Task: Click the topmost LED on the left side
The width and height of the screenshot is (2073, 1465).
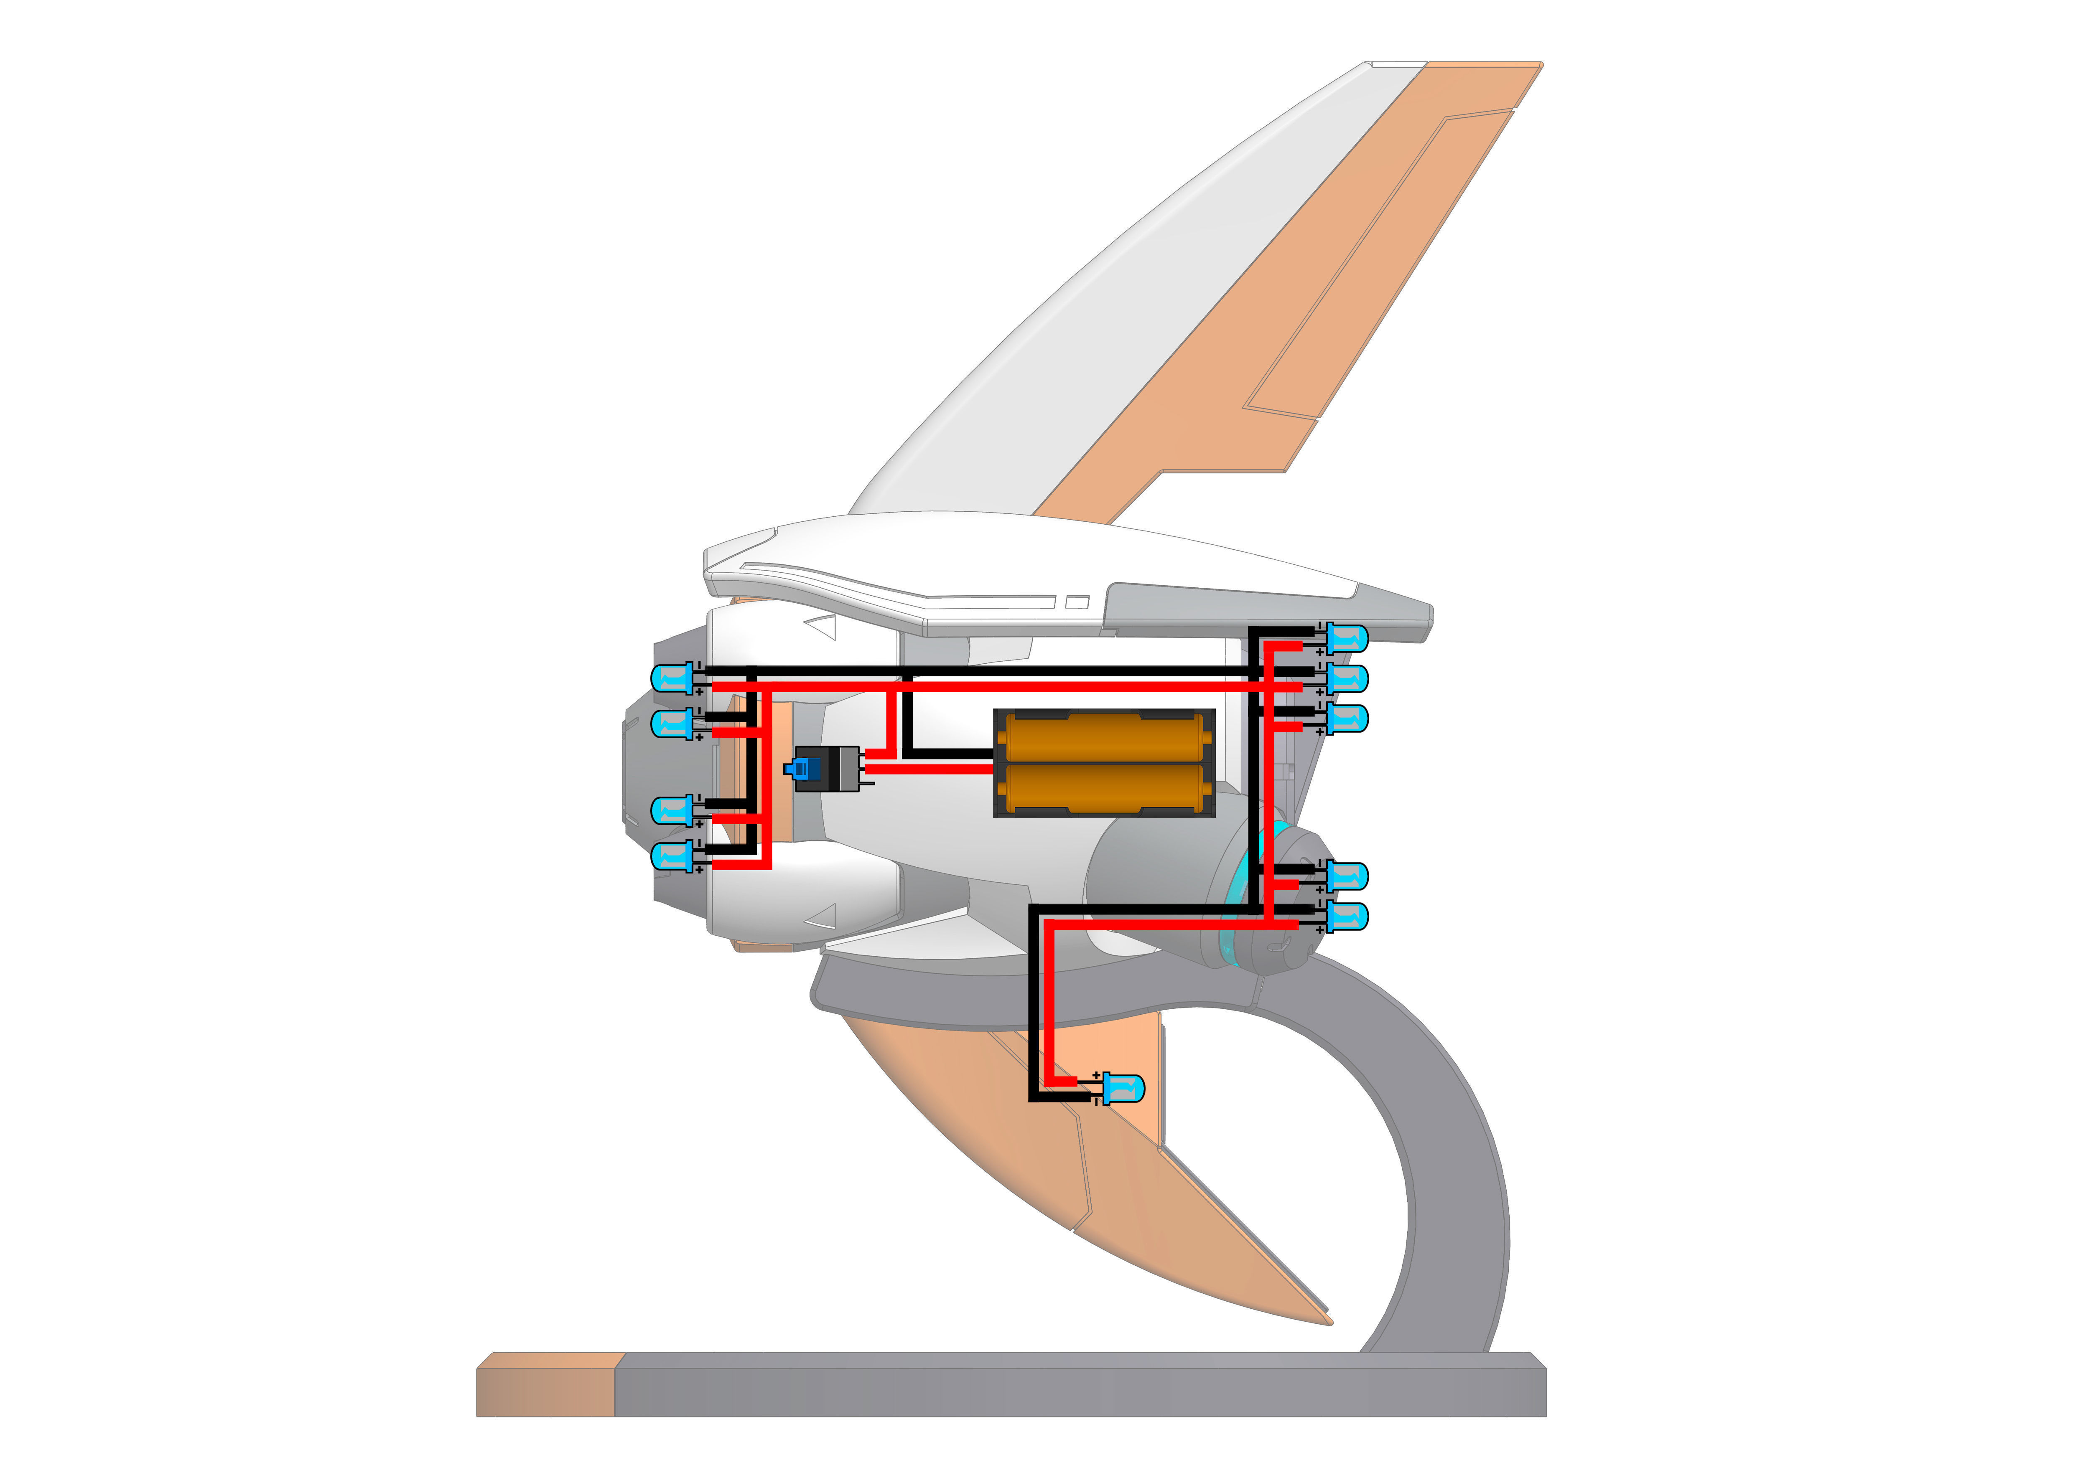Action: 672,678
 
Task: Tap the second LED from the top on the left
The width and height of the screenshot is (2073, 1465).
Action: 672,723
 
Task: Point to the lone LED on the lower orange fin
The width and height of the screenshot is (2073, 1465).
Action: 1122,1089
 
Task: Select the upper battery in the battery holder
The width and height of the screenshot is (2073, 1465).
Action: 1105,737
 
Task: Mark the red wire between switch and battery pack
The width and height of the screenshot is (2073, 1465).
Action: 930,769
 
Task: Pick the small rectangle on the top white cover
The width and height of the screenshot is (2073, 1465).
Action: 1077,602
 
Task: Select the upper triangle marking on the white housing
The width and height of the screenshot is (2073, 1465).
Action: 823,627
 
